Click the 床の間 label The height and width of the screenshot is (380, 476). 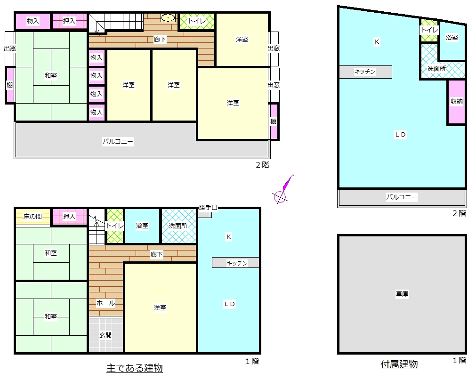pos(32,217)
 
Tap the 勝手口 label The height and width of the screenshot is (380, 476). pos(208,208)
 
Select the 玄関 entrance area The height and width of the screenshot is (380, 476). pos(105,335)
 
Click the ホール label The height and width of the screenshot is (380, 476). pos(105,303)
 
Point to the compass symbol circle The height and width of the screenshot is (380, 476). pos(280,197)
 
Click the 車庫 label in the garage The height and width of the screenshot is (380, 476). pos(402,294)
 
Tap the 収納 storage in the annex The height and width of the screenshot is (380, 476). pos(457,102)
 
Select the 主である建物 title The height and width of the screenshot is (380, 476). pos(135,368)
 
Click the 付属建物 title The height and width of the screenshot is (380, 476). pos(399,364)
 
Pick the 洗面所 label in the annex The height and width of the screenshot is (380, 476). pos(436,69)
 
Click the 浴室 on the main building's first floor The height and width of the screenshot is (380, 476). pos(142,226)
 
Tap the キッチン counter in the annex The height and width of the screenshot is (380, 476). pos(365,72)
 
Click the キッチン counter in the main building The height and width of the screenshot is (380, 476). pos(235,263)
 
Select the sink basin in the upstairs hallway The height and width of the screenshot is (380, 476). pos(168,18)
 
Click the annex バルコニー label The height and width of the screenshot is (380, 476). pos(401,197)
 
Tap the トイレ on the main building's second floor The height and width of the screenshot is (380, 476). pos(197,21)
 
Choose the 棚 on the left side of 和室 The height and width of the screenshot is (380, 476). pos(10,85)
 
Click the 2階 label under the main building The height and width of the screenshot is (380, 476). pos(263,165)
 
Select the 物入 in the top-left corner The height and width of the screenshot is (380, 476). pos(33,21)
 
